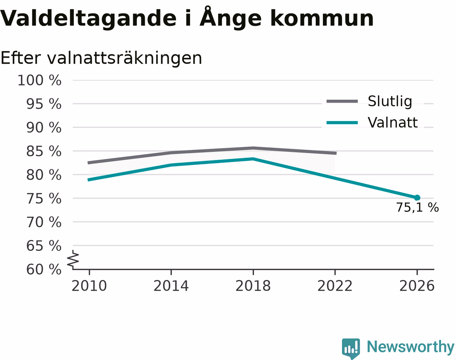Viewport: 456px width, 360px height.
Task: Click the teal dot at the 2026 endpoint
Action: click(x=417, y=198)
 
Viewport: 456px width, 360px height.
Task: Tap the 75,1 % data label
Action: click(x=417, y=207)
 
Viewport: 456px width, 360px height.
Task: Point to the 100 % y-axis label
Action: click(x=39, y=81)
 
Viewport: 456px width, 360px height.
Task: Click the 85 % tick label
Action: click(x=43, y=151)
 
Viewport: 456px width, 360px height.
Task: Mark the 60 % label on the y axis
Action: click(x=43, y=270)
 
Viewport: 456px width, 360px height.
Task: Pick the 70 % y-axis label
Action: click(x=43, y=222)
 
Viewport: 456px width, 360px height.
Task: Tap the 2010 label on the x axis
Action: click(x=89, y=286)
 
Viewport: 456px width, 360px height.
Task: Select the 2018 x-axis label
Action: click(x=253, y=286)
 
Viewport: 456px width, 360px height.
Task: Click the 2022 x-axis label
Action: click(x=335, y=286)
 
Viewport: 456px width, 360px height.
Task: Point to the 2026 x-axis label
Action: click(x=417, y=286)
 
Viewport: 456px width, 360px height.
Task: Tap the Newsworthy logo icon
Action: click(x=351, y=348)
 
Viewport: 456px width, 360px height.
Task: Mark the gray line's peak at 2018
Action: click(x=253, y=148)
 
